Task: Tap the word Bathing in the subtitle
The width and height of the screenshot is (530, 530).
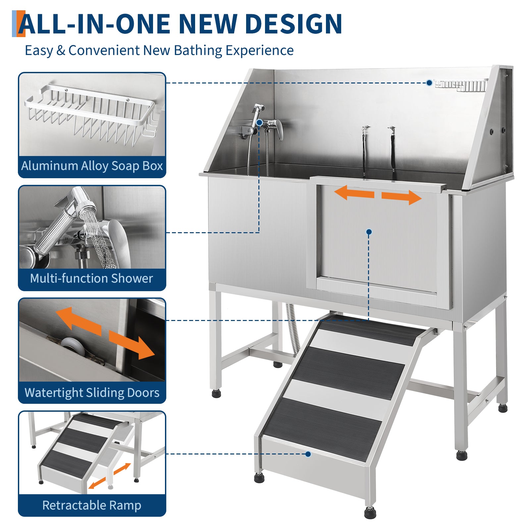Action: (x=198, y=51)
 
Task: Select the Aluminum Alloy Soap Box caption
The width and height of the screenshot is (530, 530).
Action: (x=92, y=166)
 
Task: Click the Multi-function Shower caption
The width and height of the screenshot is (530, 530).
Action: (x=91, y=278)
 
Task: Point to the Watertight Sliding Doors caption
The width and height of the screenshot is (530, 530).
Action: (x=92, y=393)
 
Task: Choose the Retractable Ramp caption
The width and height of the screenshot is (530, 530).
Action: (x=92, y=505)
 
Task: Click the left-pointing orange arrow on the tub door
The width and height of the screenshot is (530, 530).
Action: (x=354, y=192)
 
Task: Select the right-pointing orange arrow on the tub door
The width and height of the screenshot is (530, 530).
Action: (x=401, y=197)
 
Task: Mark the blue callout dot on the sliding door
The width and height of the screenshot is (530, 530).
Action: (x=369, y=232)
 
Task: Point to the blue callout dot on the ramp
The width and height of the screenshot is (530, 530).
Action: (x=308, y=454)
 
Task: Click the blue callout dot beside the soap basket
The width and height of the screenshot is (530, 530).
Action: (x=429, y=83)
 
